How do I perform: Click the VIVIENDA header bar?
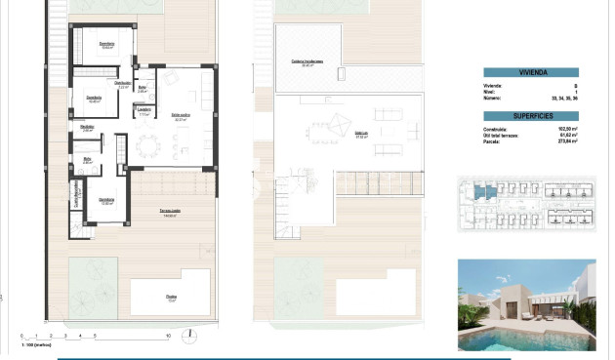pyautogui.click(x=531, y=71)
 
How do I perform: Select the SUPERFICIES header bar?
pyautogui.click(x=531, y=114)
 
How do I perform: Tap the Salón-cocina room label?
pyautogui.click(x=182, y=116)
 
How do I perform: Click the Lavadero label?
pyautogui.click(x=143, y=110)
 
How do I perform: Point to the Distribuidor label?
pyautogui.click(x=123, y=85)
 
